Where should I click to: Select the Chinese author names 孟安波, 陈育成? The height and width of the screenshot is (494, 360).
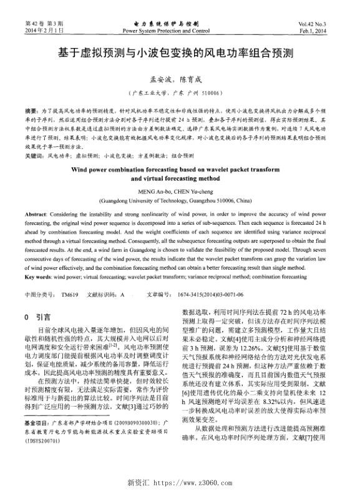point(180,80)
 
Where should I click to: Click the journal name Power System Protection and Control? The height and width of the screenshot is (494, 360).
point(167,30)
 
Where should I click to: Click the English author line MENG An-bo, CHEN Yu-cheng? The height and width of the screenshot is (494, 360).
point(180,191)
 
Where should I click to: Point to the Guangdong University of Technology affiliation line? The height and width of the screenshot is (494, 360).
point(180,201)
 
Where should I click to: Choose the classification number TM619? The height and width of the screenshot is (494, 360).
point(70,293)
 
